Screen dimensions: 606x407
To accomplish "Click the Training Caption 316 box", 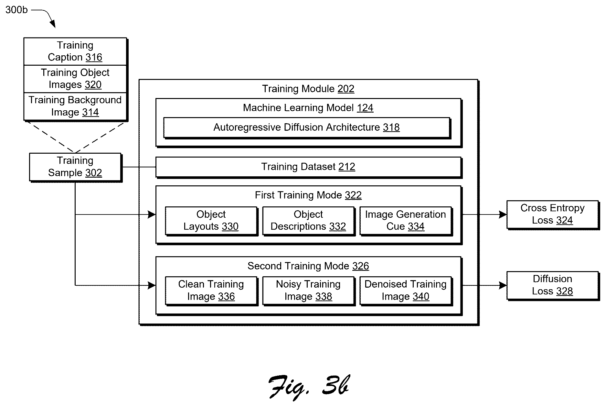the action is tap(75, 51).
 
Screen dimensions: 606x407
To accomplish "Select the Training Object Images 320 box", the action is tap(75, 79).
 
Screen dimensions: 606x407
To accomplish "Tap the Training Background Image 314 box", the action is tap(75, 106).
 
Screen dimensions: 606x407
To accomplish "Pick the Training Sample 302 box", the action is tap(75, 167).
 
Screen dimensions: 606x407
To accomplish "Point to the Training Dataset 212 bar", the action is tap(308, 167).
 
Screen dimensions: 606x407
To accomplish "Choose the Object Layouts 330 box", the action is tap(211, 221).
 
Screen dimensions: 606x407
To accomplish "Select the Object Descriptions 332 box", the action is tap(308, 221).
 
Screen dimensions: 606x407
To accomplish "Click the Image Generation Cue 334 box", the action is tap(406, 221).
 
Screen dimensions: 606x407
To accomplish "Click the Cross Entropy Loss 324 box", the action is tap(553, 214).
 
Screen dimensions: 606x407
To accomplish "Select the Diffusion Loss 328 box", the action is tap(553, 285).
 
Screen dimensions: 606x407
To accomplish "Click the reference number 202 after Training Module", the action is tap(346, 89).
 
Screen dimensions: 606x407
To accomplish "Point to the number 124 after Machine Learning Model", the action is tap(365, 108).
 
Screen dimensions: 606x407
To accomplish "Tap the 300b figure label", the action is tap(16, 10).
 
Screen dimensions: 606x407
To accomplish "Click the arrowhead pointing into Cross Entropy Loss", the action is tap(503, 214).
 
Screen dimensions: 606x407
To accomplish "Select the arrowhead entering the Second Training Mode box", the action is tap(152, 285).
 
